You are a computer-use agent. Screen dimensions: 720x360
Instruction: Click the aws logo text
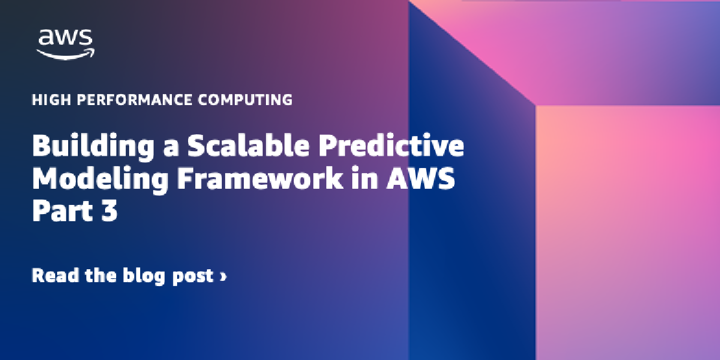pos(66,38)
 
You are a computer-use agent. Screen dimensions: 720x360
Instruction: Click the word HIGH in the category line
pos(47,100)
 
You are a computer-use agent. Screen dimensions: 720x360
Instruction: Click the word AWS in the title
pos(420,180)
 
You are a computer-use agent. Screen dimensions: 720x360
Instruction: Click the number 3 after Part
pos(109,212)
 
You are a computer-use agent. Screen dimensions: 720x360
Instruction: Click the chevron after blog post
pos(223,277)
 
